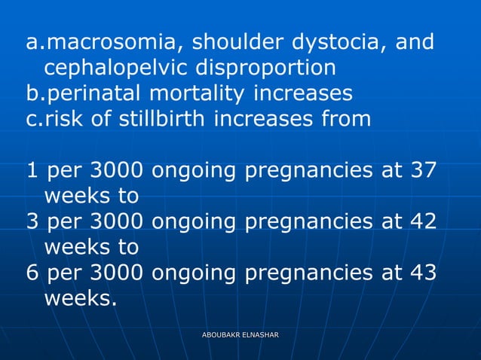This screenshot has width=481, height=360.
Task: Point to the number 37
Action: [420, 170]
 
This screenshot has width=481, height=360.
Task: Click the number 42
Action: [420, 221]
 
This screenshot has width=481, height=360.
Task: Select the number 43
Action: [420, 273]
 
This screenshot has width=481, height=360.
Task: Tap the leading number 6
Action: [32, 273]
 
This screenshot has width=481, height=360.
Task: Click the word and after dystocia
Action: [414, 42]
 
